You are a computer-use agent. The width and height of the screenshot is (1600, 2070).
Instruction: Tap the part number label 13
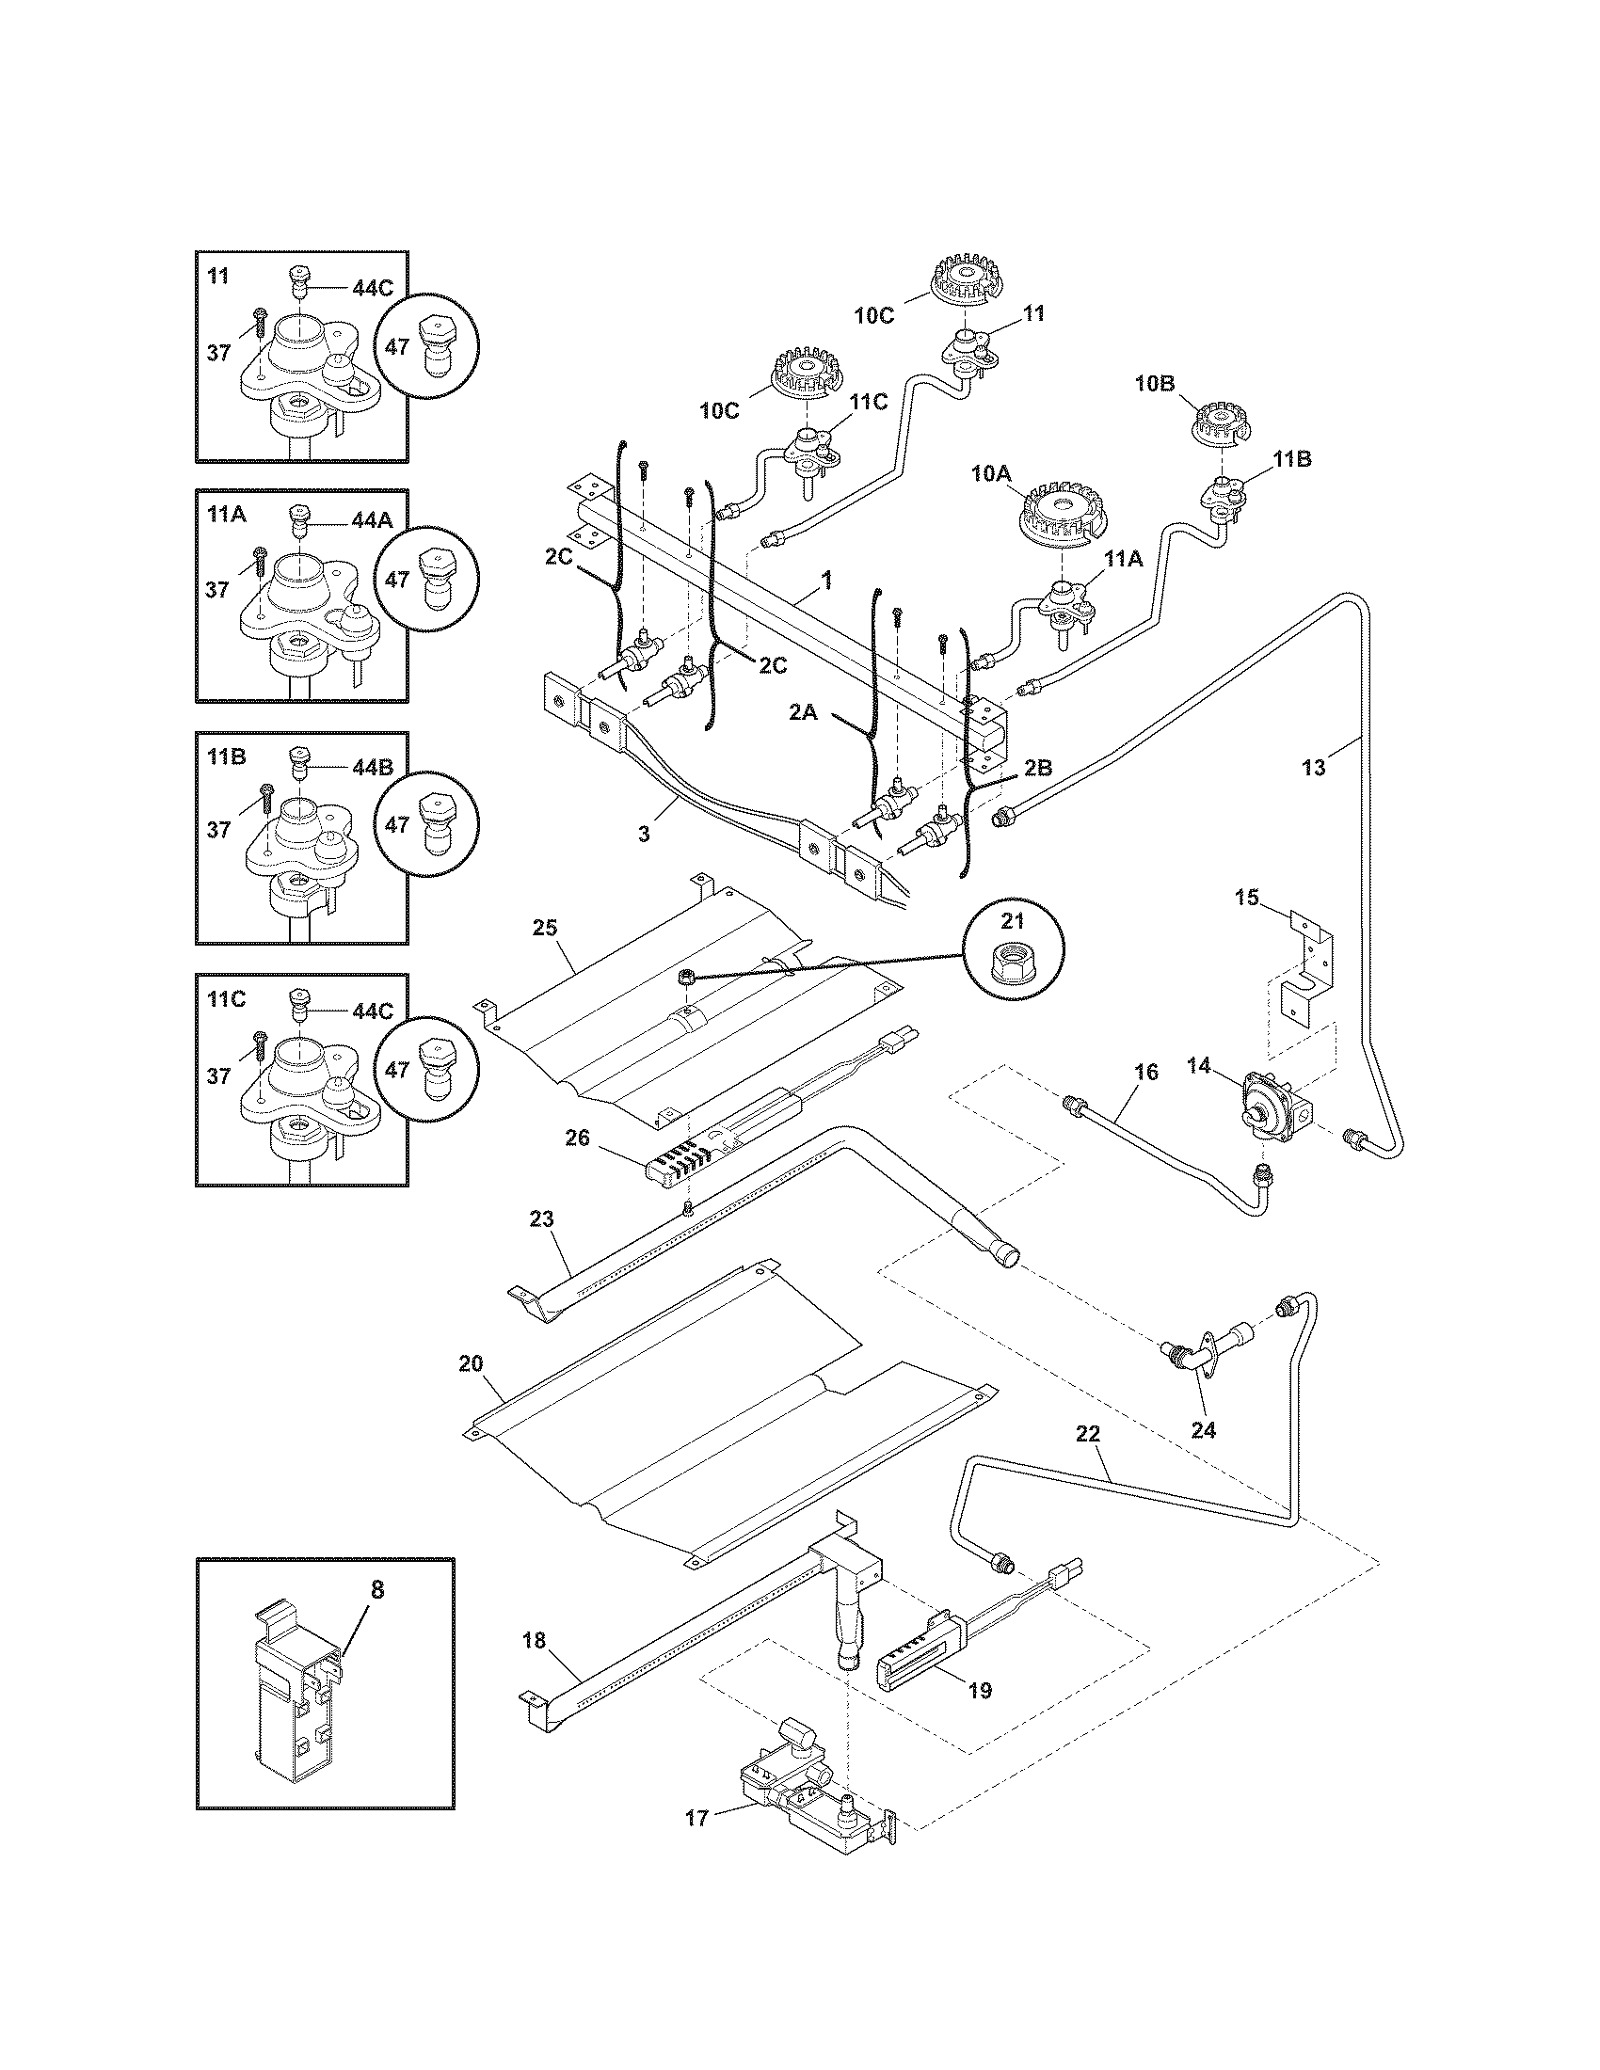click(1313, 768)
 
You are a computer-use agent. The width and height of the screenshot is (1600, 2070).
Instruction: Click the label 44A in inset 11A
click(372, 519)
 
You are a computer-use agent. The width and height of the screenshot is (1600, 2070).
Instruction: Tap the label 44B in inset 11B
click(372, 768)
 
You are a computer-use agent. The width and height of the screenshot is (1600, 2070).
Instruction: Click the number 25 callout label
click(544, 927)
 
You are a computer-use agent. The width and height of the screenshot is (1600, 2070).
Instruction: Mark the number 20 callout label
click(471, 1363)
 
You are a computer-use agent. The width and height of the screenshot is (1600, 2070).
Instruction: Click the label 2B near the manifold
click(1038, 768)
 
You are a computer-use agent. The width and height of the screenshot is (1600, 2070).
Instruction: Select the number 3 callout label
click(644, 833)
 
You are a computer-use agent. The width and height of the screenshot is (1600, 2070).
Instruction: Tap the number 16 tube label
click(1146, 1072)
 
